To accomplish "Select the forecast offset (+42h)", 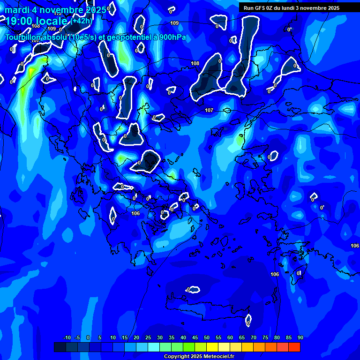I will pos(82,21).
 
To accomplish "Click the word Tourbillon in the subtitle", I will pos(26,37).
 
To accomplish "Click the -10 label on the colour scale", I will pos(67,337).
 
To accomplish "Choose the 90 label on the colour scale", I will pos(300,337).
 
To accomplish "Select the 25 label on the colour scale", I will pos(148,337).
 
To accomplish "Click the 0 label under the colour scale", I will pos(88,337).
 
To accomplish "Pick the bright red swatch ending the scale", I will pos(294,347).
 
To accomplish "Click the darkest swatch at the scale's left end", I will pos(60,347).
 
